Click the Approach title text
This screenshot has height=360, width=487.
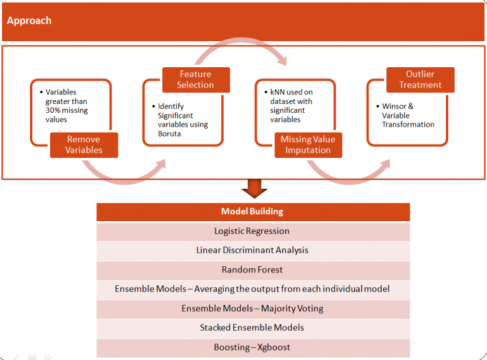(x=29, y=20)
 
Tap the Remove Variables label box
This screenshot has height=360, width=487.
(x=84, y=145)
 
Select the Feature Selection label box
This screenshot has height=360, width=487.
(x=195, y=80)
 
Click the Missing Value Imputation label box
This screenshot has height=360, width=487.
(x=308, y=145)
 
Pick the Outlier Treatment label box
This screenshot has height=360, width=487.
(x=420, y=80)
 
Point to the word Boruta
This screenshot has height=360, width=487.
(x=171, y=133)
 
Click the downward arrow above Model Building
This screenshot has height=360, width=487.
(x=254, y=188)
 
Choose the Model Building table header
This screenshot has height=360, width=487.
(x=252, y=212)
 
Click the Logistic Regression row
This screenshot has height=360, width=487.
(x=252, y=231)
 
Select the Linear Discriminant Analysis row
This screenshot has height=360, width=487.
(x=252, y=250)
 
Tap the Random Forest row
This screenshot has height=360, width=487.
(x=252, y=269)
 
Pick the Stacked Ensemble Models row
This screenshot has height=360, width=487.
(x=252, y=328)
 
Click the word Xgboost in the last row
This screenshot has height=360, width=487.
(x=270, y=347)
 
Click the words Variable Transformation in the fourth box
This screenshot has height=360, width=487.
(x=408, y=120)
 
